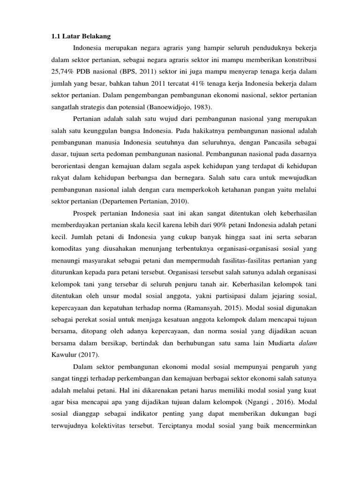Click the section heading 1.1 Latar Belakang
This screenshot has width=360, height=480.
pyautogui.click(x=80, y=36)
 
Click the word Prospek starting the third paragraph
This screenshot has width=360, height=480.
pyautogui.click(x=87, y=213)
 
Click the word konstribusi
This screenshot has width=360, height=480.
pyautogui.click(x=294, y=60)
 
